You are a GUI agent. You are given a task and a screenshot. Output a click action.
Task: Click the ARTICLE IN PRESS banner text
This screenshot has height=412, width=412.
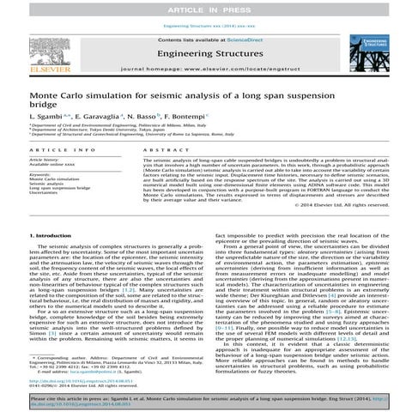(205, 7)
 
